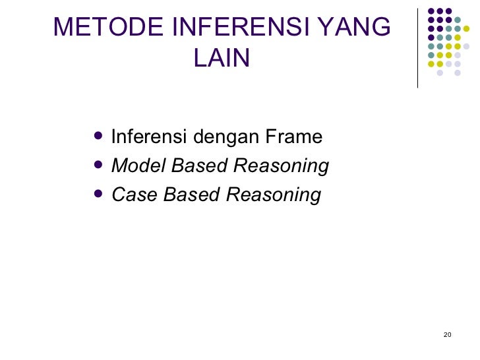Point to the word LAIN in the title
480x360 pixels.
(223, 59)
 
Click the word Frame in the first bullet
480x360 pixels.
(294, 137)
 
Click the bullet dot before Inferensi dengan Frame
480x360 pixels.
(99, 136)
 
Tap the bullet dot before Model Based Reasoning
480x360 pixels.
(99, 165)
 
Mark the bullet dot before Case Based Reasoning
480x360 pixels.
(99, 195)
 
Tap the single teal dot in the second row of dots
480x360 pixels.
(458, 19)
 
